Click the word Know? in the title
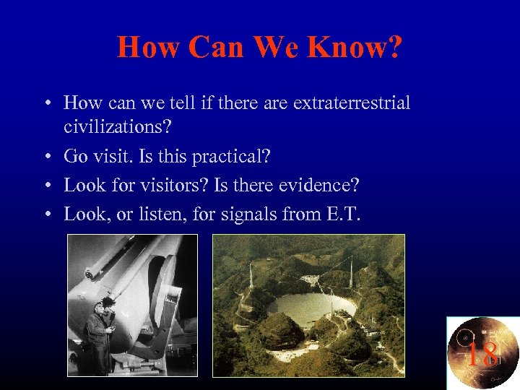point(355,48)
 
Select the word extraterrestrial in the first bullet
point(352,103)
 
